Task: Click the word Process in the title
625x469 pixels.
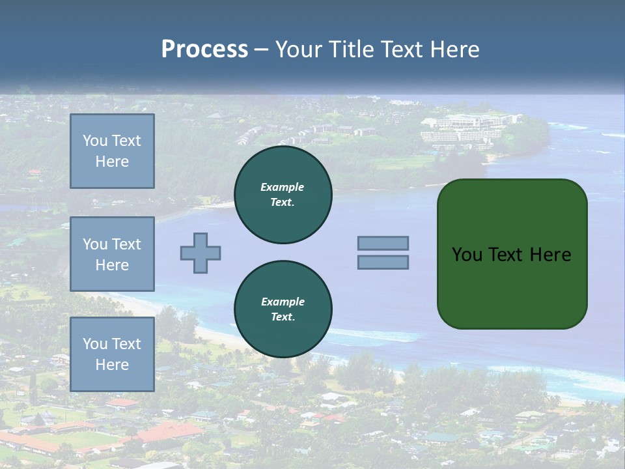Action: coord(204,50)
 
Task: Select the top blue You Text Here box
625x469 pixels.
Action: coord(112,151)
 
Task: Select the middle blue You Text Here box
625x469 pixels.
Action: coord(112,254)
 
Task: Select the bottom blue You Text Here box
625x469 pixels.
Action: coord(112,354)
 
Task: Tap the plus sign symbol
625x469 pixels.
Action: coord(201,253)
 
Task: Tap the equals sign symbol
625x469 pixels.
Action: coord(383,253)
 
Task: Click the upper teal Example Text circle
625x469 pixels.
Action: coord(283,195)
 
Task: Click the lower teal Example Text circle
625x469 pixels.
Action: coord(283,309)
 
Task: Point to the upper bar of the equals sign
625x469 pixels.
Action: coord(383,243)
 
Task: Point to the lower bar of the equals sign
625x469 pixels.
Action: coord(383,263)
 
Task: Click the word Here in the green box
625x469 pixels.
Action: coord(550,255)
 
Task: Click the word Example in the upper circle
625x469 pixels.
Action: coord(283,187)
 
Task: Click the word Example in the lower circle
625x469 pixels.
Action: coord(283,302)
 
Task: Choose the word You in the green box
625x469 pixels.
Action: coord(466,255)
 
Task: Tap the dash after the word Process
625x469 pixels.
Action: coord(261,50)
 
